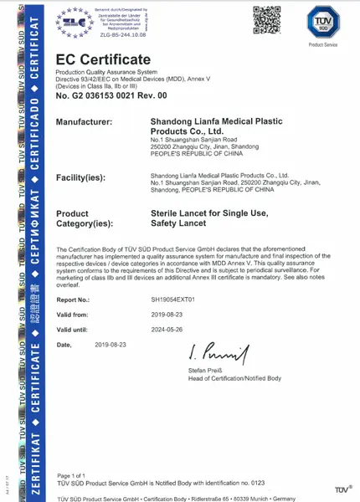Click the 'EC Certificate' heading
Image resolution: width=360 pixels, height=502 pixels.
pos(103,60)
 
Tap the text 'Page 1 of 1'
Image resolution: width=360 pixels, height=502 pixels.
pos(72,474)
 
